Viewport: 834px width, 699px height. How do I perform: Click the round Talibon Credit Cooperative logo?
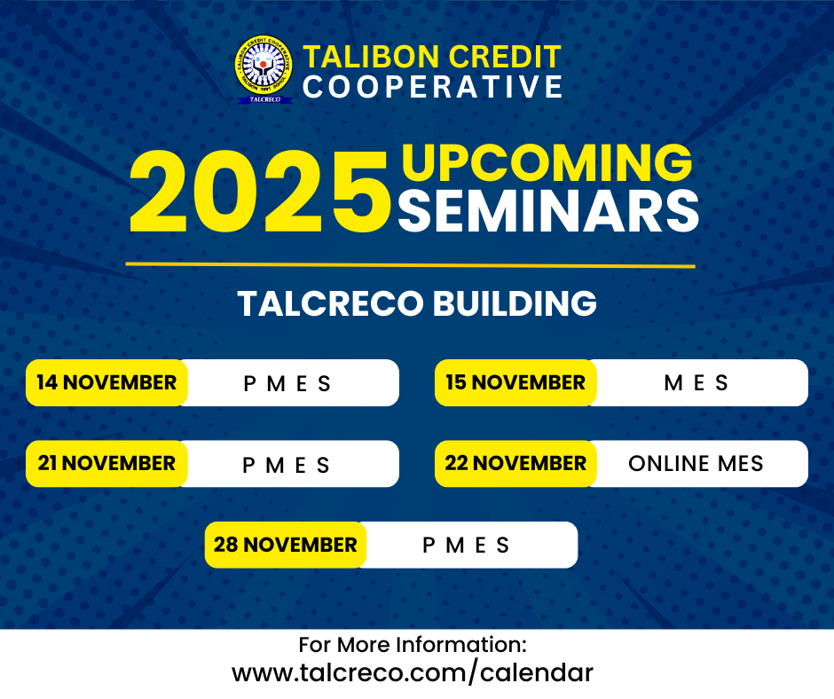click(264, 70)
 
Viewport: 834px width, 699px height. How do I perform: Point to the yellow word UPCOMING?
click(547, 163)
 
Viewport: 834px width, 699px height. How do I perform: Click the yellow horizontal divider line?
click(410, 264)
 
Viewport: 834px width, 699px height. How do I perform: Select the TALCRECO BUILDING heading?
click(417, 304)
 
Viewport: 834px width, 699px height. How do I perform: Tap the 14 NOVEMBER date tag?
click(106, 383)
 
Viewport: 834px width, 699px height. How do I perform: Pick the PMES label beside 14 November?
click(287, 384)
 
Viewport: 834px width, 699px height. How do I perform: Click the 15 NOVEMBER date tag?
click(515, 383)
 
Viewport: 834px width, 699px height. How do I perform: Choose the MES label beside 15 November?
click(696, 383)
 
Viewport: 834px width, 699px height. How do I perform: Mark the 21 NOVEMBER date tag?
click(106, 464)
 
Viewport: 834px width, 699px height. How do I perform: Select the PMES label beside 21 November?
click(287, 465)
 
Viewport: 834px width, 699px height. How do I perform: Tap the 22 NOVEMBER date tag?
click(515, 464)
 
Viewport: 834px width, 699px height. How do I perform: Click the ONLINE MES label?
click(696, 464)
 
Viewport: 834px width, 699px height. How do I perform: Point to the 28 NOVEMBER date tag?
click(285, 545)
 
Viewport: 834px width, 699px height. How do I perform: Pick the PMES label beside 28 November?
click(467, 545)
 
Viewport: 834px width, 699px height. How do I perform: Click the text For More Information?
click(413, 644)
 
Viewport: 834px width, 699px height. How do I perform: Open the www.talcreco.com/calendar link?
click(413, 672)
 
